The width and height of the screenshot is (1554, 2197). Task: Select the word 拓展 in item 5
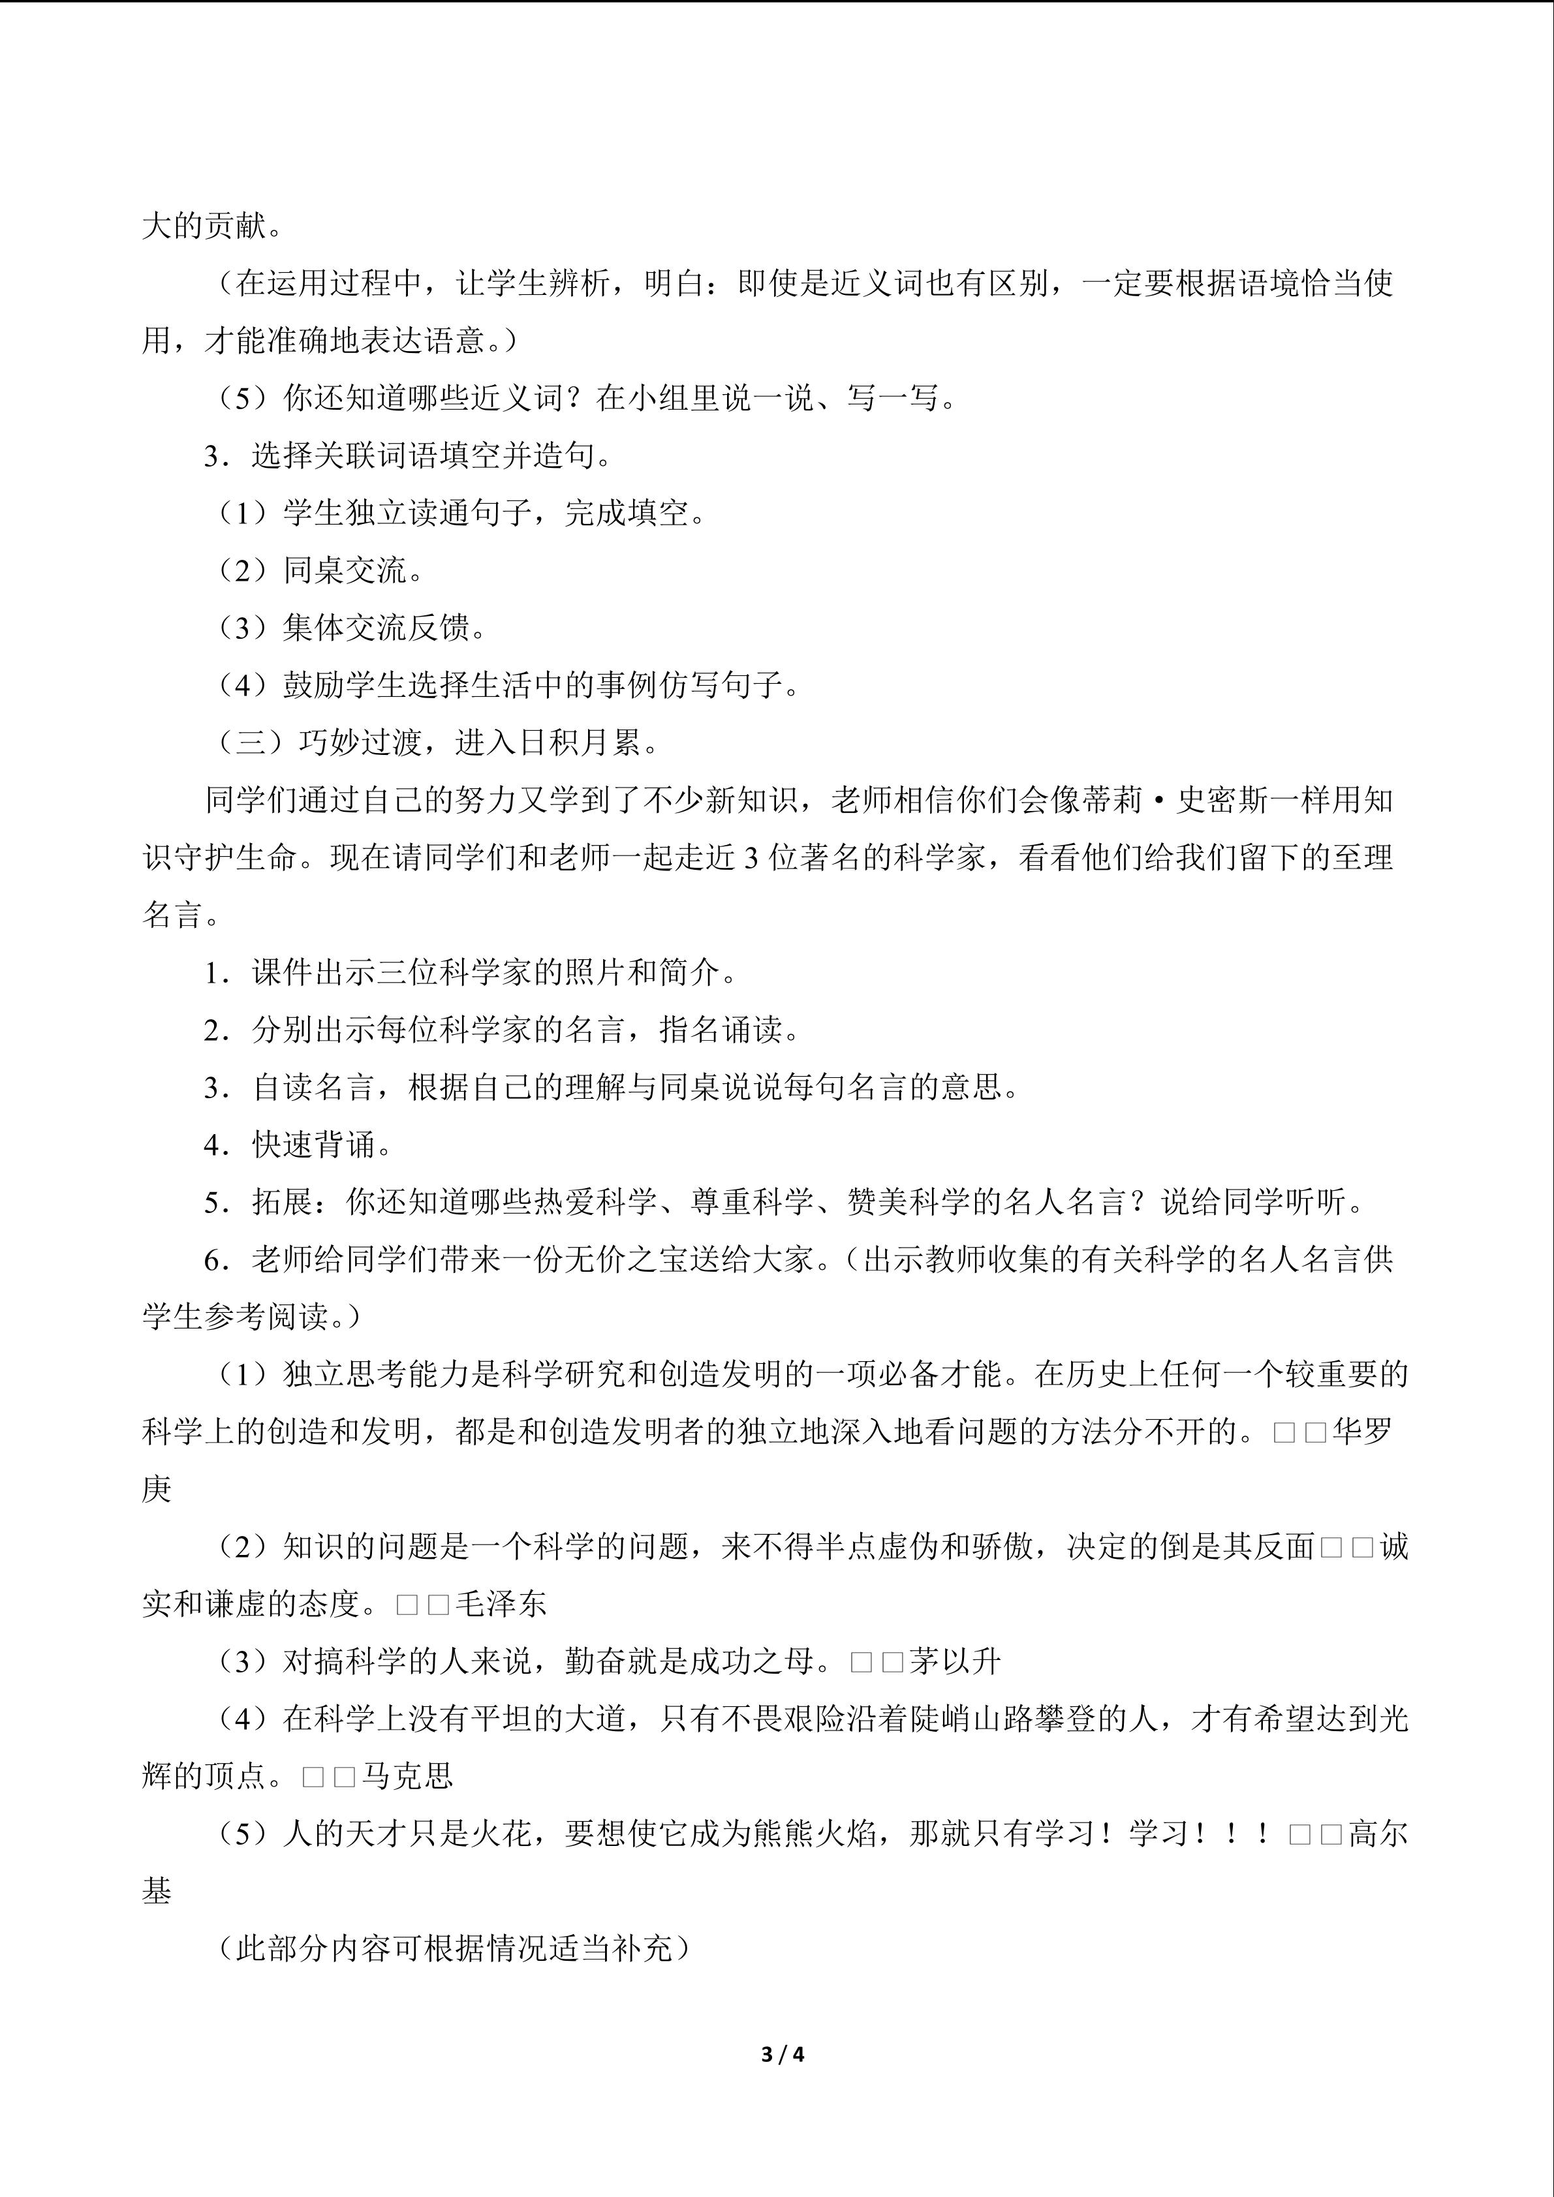(x=283, y=1202)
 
